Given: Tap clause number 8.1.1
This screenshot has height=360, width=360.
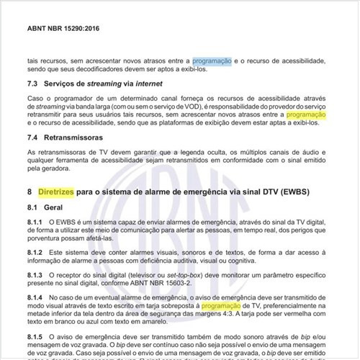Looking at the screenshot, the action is pos(36,223).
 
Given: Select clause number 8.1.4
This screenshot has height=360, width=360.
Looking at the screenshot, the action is pos(36,297).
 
